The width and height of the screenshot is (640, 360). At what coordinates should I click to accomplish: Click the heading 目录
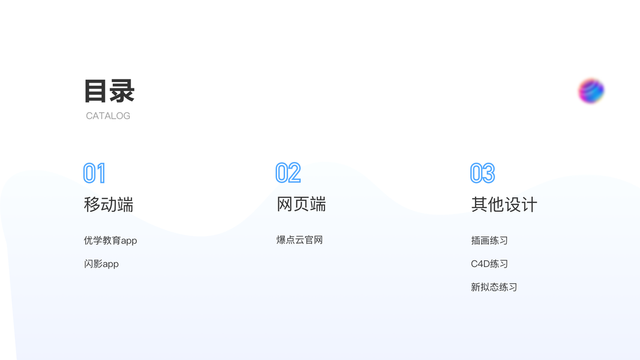[x=109, y=91]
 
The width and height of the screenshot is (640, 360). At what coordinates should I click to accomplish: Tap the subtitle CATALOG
[x=108, y=116]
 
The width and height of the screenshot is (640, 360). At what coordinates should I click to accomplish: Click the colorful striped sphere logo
[x=591, y=91]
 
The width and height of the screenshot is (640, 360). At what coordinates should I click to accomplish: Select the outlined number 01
[x=94, y=173]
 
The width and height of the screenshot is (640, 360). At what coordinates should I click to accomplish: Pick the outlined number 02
[x=288, y=173]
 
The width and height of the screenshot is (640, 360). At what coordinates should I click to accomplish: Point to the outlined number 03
[x=482, y=173]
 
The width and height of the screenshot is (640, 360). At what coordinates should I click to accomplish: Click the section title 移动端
[x=109, y=205]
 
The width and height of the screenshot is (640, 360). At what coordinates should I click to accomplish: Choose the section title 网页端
[x=301, y=205]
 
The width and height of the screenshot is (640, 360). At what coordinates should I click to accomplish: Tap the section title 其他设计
[x=504, y=205]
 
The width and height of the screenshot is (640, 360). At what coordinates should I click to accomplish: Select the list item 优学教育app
[x=110, y=241]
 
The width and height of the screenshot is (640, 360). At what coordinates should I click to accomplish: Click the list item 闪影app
[x=101, y=264]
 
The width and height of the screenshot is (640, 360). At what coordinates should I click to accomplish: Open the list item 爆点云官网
[x=299, y=240]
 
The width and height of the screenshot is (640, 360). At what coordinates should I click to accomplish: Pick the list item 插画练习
[x=489, y=241]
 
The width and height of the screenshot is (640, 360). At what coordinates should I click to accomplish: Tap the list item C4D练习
[x=489, y=264]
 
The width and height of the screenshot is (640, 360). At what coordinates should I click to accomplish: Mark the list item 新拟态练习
[x=494, y=287]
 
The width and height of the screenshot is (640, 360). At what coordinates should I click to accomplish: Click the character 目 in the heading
[x=95, y=91]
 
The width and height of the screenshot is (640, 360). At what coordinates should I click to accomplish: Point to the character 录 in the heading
[x=122, y=91]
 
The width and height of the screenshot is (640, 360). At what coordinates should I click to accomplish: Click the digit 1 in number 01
[x=101, y=173]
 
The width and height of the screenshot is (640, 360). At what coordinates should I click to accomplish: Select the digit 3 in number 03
[x=488, y=173]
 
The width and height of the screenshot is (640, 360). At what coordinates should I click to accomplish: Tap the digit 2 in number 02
[x=295, y=173]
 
